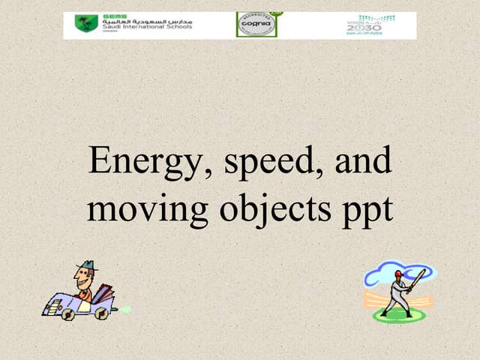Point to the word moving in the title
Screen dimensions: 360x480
coord(147,209)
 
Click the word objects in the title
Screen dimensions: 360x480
coord(274,209)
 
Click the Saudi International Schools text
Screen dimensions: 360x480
coord(147,26)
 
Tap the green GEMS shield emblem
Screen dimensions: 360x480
coord(86,24)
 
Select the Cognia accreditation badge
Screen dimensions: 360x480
coord(256,25)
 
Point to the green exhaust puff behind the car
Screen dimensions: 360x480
coord(124,308)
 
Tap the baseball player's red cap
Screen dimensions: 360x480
coord(398,274)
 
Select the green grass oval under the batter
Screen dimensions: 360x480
coord(399,316)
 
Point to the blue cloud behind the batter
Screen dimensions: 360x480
coord(382,273)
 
